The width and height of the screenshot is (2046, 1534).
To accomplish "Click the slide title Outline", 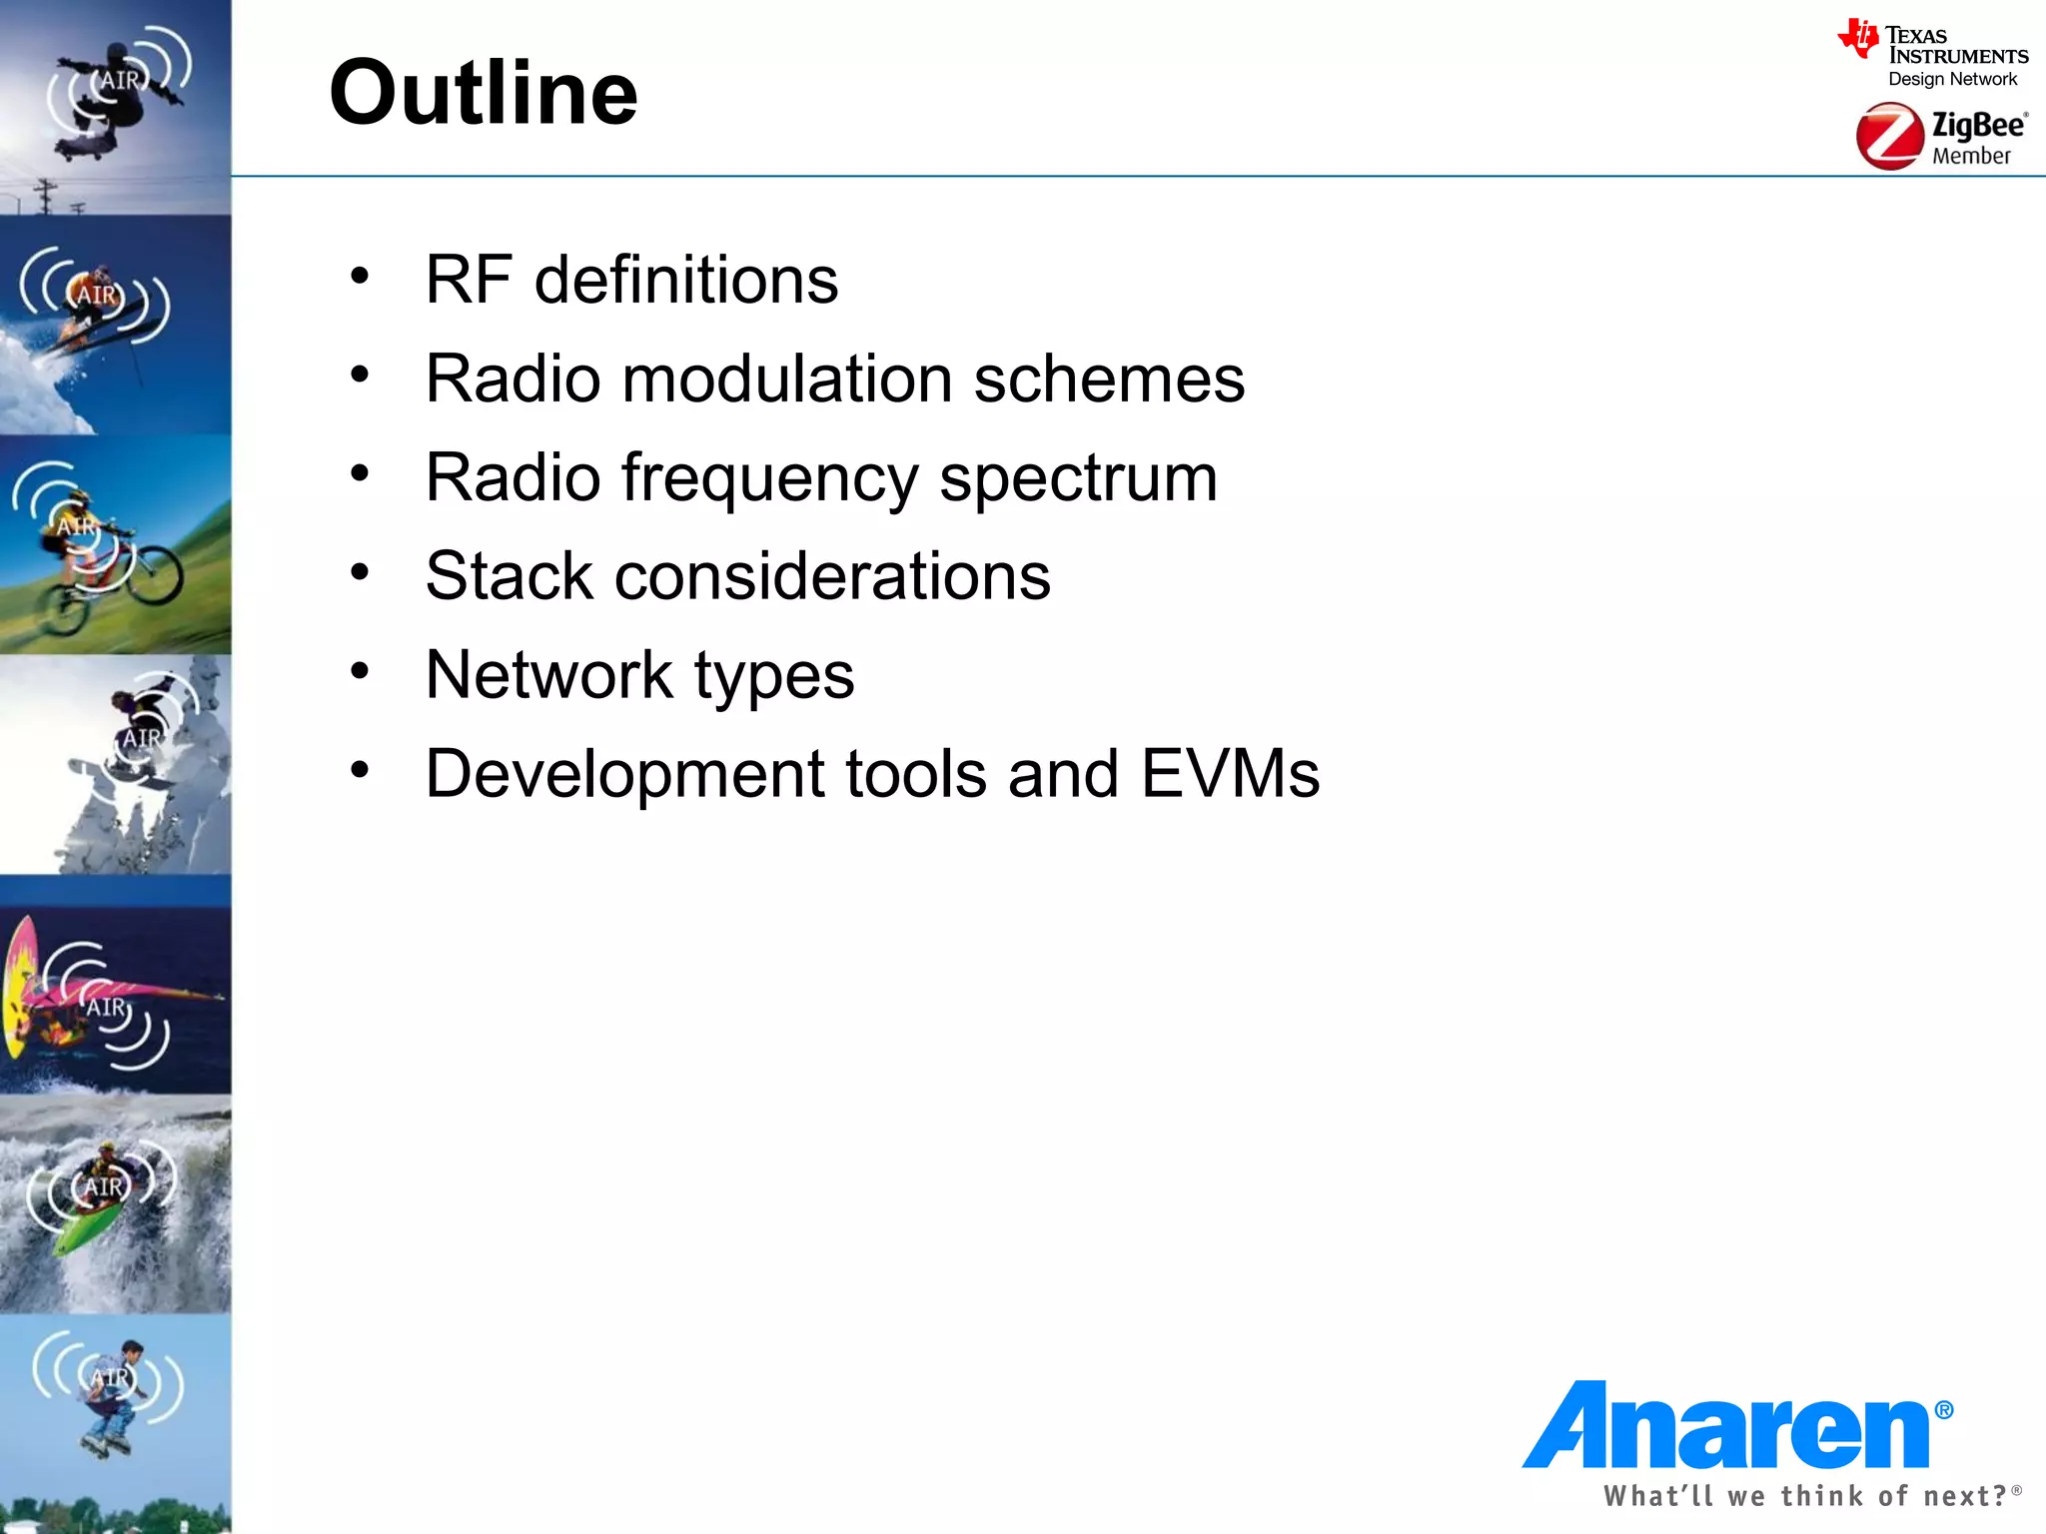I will (x=483, y=93).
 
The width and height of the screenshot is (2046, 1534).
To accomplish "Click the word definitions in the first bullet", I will (x=686, y=280).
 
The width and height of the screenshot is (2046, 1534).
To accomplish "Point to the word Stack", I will (x=510, y=576).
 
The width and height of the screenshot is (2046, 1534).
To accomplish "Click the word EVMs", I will (x=1230, y=774).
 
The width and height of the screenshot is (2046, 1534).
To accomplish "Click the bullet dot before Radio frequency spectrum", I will (x=360, y=472).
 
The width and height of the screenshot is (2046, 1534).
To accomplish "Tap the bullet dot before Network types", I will (x=360, y=670).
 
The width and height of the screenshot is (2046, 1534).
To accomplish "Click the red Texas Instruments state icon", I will (x=1858, y=38).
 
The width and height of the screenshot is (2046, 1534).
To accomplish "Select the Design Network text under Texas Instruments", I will (x=1952, y=79).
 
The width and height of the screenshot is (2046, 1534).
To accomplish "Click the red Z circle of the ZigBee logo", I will (x=1889, y=137).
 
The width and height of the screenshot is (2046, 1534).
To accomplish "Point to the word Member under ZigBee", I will (x=1970, y=156).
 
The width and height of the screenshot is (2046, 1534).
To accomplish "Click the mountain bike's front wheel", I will (x=155, y=574).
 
